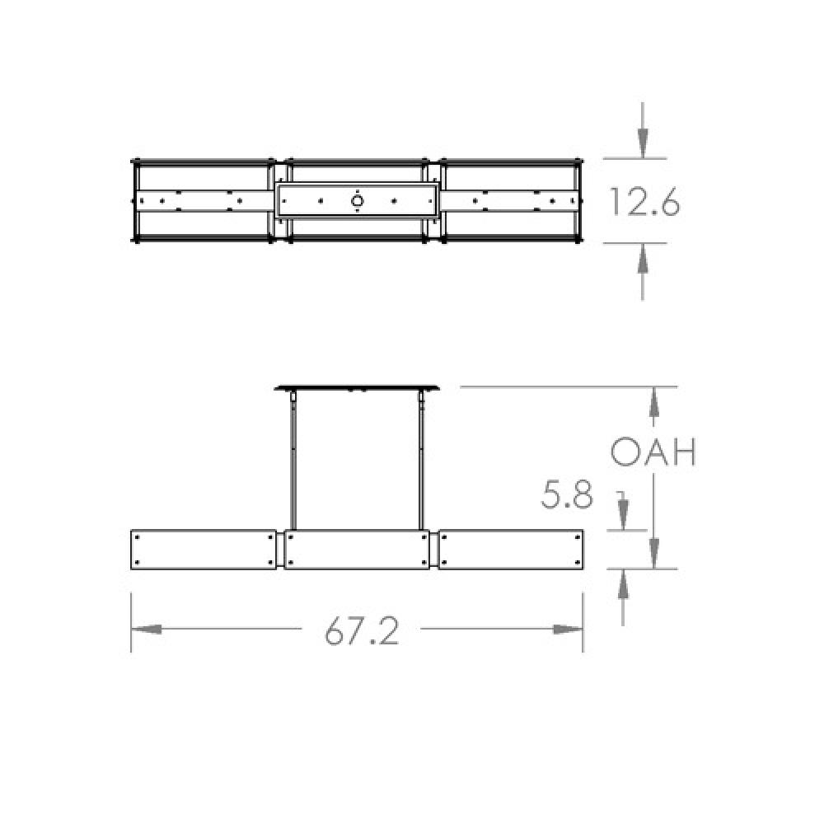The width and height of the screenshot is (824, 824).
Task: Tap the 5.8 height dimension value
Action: pos(567,494)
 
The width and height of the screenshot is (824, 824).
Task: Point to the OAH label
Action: pos(653,452)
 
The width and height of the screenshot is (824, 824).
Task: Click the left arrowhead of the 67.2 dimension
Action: pos(145,629)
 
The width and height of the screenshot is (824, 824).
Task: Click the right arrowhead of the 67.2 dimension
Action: pos(569,629)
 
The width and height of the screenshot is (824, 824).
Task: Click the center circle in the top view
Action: pos(358,200)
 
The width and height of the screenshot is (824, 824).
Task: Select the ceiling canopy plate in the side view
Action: pos(358,387)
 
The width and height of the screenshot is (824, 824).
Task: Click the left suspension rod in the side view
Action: pos(293,461)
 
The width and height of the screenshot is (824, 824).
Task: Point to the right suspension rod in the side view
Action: pos(423,461)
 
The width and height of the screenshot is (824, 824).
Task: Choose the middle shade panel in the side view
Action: pos(358,550)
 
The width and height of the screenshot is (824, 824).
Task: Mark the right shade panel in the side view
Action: pos(512,550)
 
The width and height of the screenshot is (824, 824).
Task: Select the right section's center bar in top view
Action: pos(511,200)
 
